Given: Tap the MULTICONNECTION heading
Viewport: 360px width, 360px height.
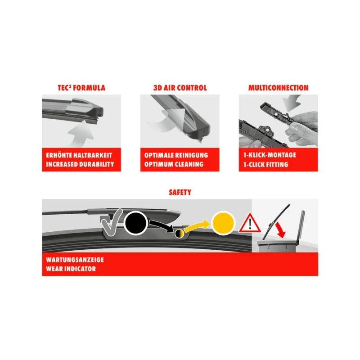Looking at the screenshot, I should click(x=279, y=88).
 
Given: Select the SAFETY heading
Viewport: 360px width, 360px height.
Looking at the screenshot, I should click(x=180, y=192).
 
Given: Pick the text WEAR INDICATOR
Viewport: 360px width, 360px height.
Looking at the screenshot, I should click(x=71, y=269).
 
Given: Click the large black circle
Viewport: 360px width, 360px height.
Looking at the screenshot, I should click(x=137, y=222).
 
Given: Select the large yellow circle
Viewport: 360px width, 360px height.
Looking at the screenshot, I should click(x=224, y=223).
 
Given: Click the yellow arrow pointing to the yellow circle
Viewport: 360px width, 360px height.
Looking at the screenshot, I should click(x=198, y=226).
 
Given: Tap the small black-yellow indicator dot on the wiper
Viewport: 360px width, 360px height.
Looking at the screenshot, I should click(x=179, y=233).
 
